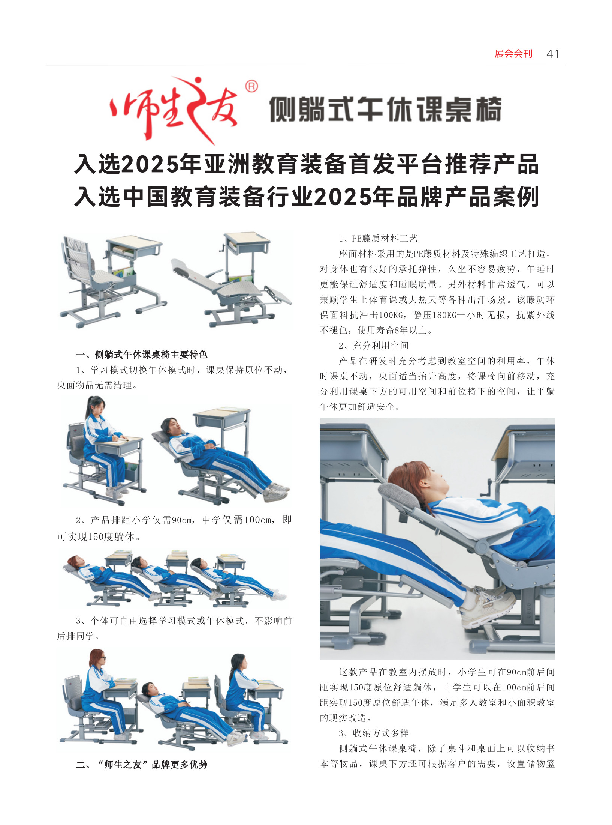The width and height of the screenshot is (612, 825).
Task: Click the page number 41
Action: click(x=553, y=54)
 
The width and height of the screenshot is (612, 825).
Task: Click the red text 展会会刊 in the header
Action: click(x=513, y=54)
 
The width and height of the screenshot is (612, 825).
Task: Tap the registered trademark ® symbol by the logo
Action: click(x=251, y=87)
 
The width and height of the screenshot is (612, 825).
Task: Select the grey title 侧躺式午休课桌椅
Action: click(x=385, y=109)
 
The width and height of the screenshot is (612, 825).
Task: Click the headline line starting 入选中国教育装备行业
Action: click(x=306, y=197)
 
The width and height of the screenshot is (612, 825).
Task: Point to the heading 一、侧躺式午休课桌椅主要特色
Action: click(x=142, y=355)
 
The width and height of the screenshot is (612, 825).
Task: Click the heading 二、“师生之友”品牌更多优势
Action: click(x=142, y=765)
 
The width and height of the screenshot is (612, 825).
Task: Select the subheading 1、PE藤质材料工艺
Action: click(x=378, y=239)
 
